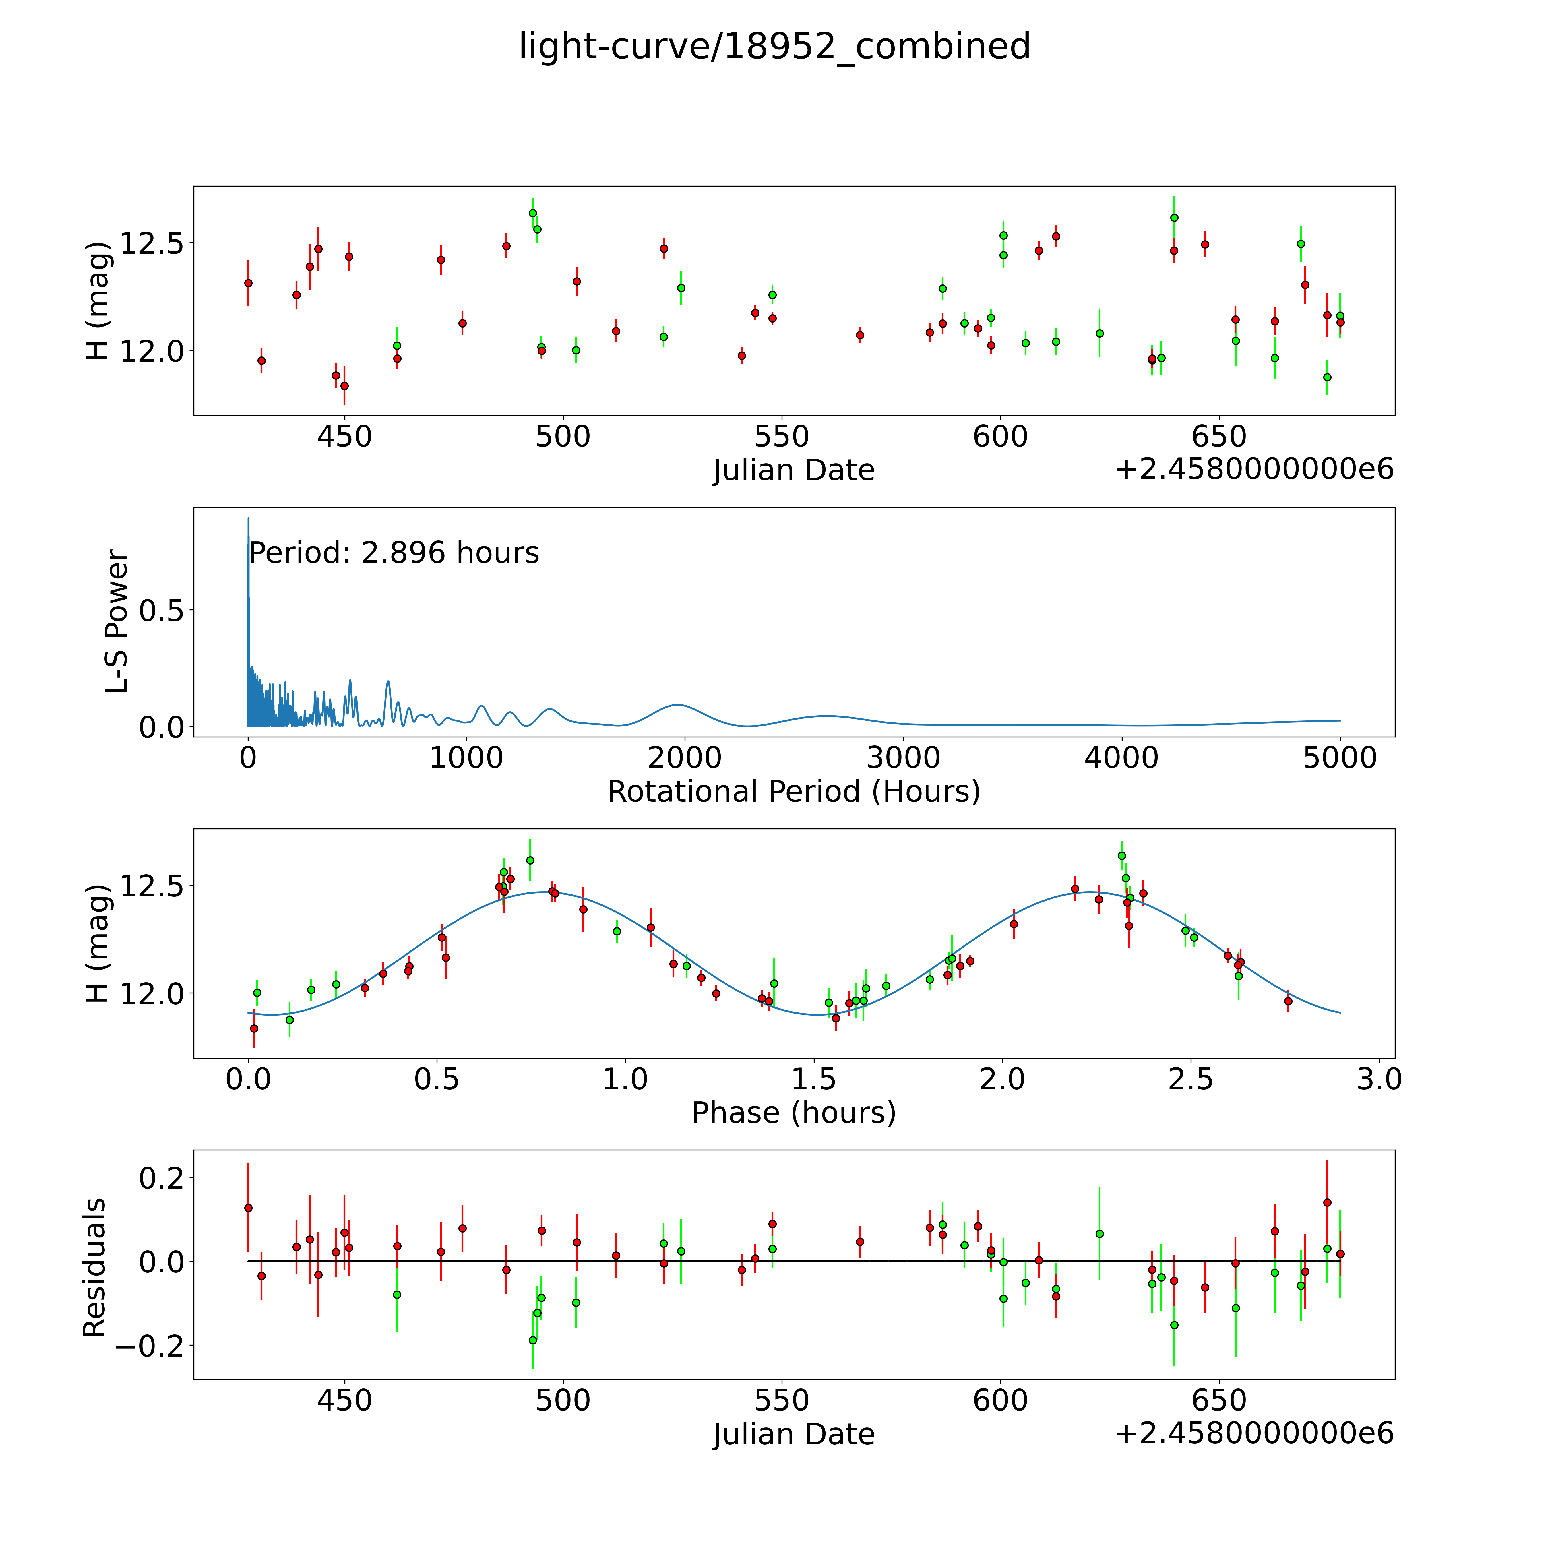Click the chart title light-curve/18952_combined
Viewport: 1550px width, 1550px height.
[774, 46]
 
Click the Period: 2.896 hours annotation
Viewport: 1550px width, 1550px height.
[394, 553]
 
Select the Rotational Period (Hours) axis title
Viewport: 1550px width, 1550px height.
[793, 792]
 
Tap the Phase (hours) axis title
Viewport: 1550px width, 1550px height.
[793, 1113]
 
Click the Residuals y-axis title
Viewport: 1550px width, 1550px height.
[95, 1268]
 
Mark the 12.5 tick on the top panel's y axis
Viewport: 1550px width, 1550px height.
[152, 243]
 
